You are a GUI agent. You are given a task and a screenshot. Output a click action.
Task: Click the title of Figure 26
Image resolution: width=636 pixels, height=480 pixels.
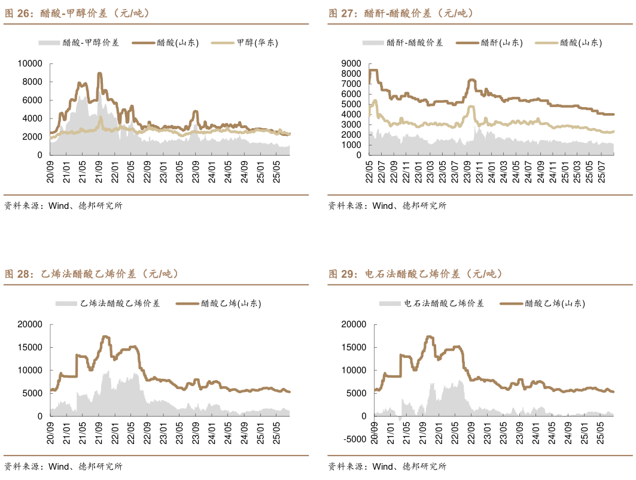pos(78,13)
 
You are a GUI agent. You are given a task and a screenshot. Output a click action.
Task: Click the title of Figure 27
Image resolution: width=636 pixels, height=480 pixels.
pos(402,13)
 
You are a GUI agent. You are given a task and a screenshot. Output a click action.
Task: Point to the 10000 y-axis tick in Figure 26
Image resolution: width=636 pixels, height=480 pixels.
pos(30,63)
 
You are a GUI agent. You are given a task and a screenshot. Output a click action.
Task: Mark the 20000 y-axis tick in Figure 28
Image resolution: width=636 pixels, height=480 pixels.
pos(30,324)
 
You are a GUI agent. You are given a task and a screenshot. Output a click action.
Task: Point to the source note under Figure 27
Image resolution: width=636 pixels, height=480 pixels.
pos(387,206)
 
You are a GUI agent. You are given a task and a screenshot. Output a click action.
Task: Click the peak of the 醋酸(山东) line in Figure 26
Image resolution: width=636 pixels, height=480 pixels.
pos(99,74)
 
